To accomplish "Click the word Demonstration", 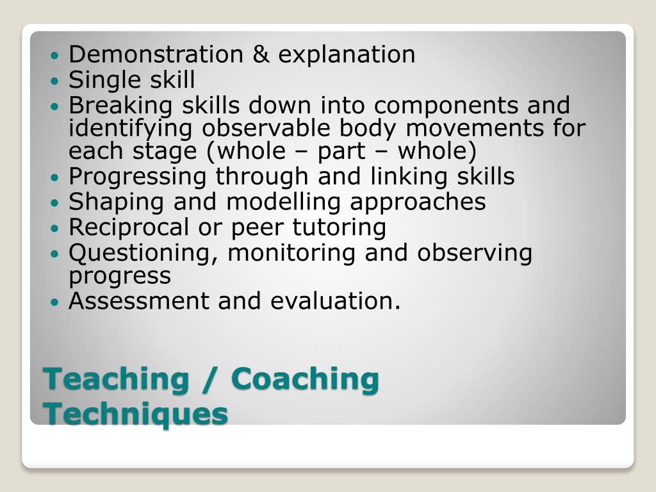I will (x=156, y=54).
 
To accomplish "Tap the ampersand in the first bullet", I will (x=261, y=54).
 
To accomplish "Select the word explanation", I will (x=347, y=55).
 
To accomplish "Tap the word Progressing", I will (x=138, y=177).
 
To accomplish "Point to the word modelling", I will (x=285, y=202).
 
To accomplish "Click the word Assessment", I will (x=140, y=300).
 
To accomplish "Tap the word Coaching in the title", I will (x=305, y=379).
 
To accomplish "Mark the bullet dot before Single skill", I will (x=54, y=81).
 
